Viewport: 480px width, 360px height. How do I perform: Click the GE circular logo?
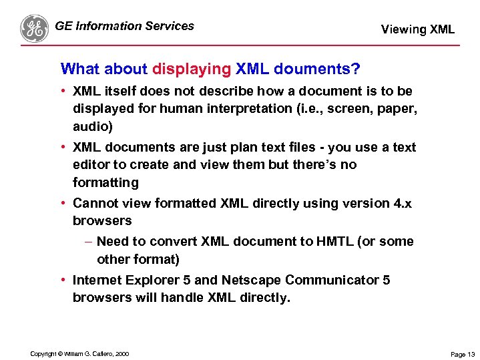pyautogui.click(x=35, y=28)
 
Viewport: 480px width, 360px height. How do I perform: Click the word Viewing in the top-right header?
pyautogui.click(x=403, y=29)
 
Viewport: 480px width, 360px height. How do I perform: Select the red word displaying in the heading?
pyautogui.click(x=192, y=69)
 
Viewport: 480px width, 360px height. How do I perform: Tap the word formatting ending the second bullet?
pyautogui.click(x=105, y=182)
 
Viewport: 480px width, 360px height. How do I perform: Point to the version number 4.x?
pyautogui.click(x=403, y=203)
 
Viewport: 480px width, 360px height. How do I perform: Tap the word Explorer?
pyautogui.click(x=151, y=280)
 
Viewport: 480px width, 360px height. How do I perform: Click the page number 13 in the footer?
pyautogui.click(x=471, y=354)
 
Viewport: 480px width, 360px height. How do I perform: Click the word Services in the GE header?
pyautogui.click(x=168, y=26)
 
